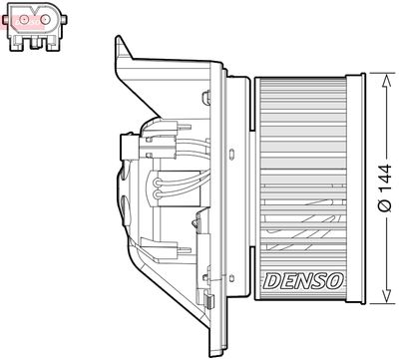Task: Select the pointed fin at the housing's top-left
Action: point(120,46)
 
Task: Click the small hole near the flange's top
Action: point(206,98)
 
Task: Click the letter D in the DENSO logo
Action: point(269,282)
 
